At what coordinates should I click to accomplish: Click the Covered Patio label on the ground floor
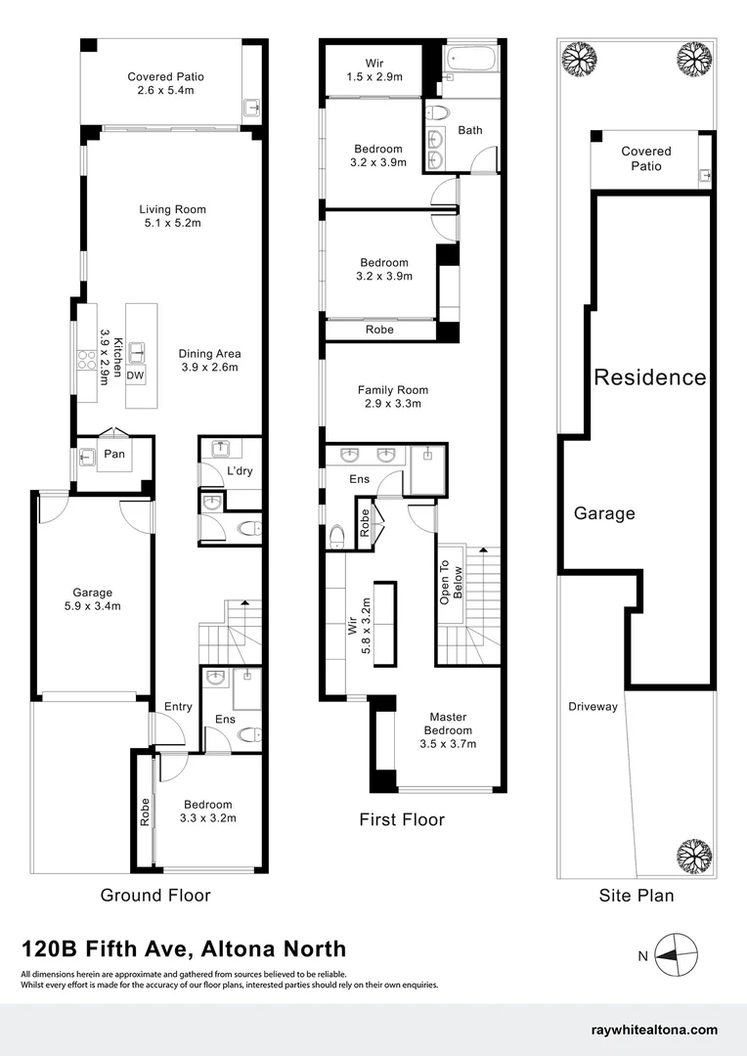click(x=165, y=84)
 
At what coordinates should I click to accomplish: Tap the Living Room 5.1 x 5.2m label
click(x=172, y=216)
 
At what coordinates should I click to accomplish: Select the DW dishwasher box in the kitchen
click(x=136, y=374)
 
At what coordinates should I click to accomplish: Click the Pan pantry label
click(x=114, y=454)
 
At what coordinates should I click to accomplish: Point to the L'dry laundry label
click(x=240, y=471)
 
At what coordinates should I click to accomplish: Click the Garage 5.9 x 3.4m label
click(x=92, y=599)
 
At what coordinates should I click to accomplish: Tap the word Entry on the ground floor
click(x=178, y=707)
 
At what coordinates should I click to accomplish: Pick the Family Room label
click(x=392, y=396)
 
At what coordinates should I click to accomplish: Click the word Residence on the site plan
click(x=650, y=377)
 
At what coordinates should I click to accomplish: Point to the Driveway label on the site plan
click(x=593, y=706)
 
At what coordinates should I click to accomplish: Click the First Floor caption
click(x=402, y=819)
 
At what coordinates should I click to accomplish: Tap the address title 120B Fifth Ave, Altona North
click(x=184, y=948)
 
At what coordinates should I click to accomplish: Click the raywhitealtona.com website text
click(x=654, y=1030)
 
